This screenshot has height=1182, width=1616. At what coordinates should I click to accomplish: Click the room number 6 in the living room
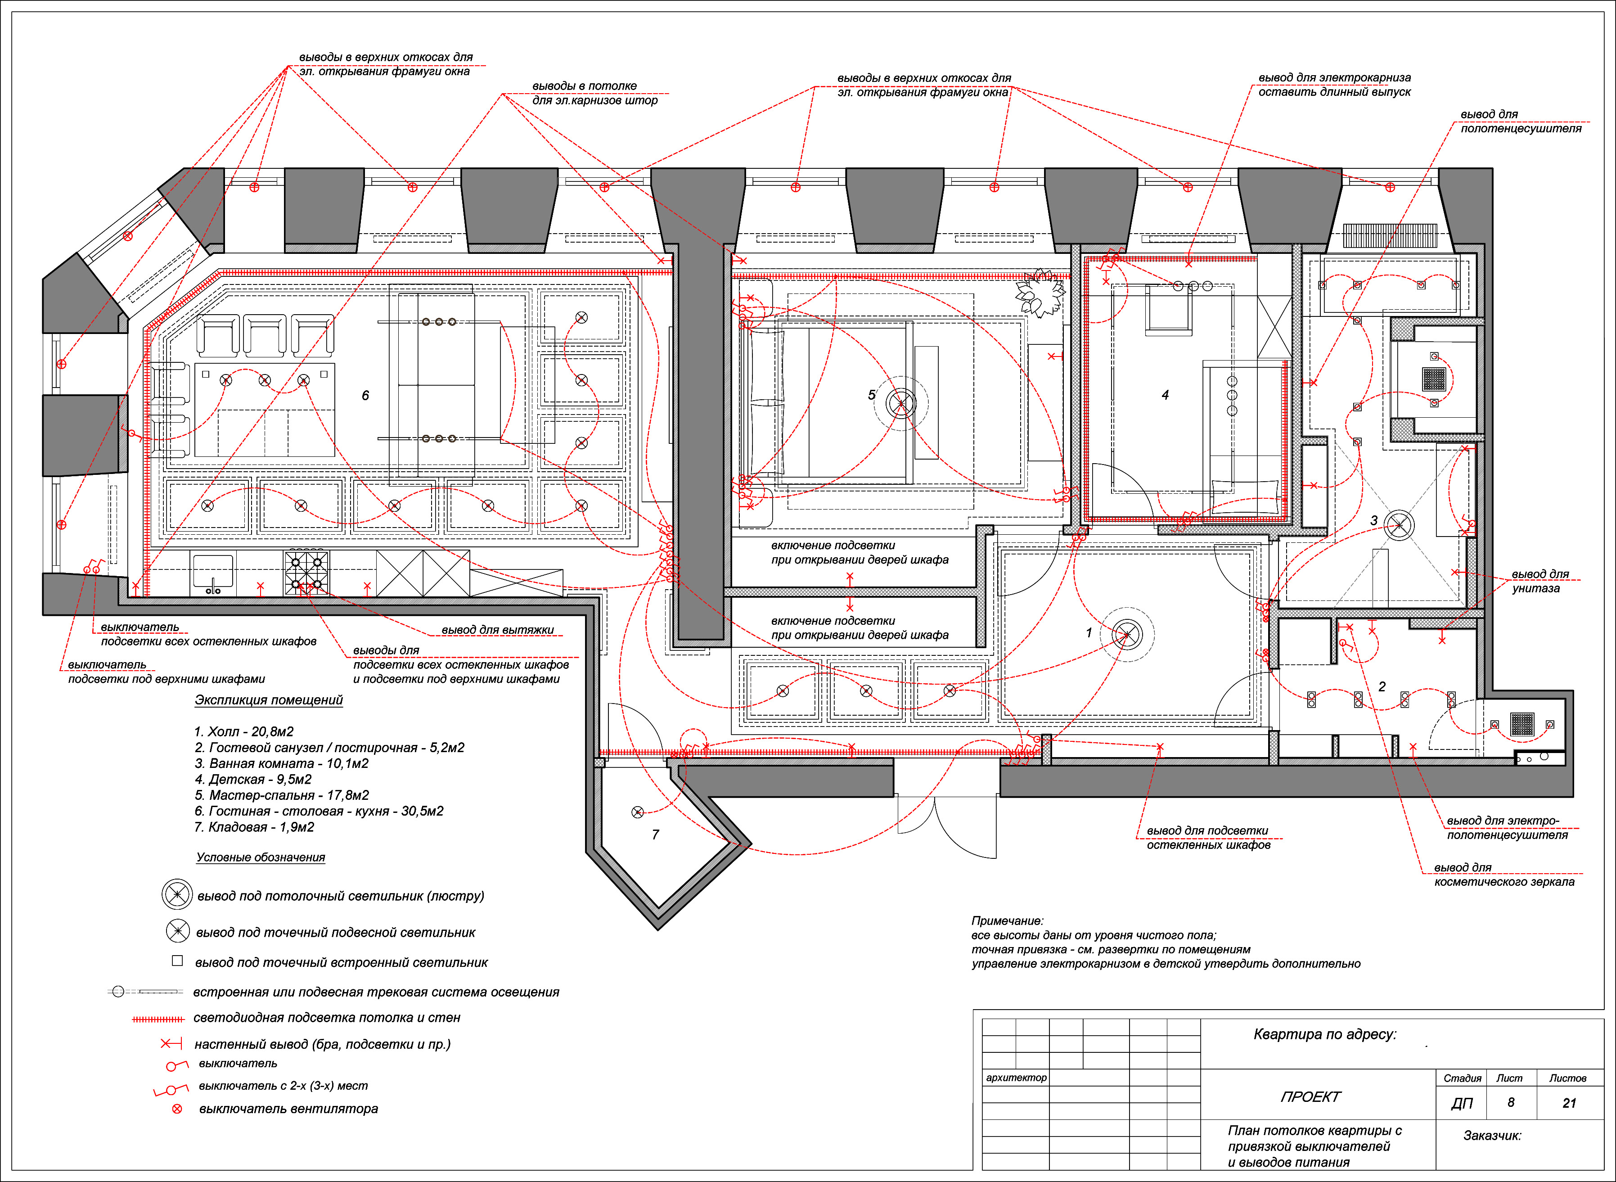pos(365,396)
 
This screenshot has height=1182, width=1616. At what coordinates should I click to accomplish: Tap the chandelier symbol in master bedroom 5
pos(900,404)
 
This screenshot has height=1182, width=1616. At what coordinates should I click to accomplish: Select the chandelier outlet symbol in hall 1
pos(1127,634)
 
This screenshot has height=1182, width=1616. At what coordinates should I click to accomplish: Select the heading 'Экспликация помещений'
pos(269,700)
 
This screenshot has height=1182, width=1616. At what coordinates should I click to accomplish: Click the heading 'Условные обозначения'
pos(261,857)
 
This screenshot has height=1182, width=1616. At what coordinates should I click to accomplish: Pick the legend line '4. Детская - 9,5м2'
pos(253,779)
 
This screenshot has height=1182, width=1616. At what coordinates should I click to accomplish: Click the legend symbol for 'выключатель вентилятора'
pos(177,1109)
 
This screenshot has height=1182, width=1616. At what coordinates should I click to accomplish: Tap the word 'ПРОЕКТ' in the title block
pos(1310,1097)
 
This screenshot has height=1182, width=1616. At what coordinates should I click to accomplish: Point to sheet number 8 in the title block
pos(1511,1103)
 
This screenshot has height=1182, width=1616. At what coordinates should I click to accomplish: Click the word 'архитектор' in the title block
pos(1016,1078)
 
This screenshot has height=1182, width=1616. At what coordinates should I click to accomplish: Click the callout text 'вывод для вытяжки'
pos(498,630)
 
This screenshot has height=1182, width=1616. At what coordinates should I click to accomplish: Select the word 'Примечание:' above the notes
pos(1007,921)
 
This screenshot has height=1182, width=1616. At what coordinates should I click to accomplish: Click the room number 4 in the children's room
pos(1166,395)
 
